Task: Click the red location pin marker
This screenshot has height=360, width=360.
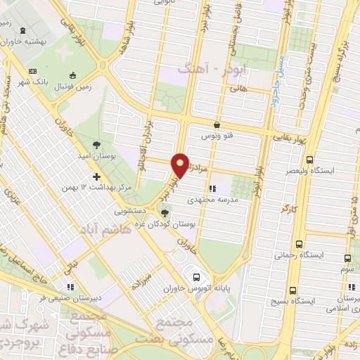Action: pos(181,165)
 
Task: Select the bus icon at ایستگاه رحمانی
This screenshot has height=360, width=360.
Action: pos(300,245)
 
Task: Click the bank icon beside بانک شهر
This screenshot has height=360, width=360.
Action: pos(32,71)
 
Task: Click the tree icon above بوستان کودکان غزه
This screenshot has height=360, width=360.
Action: pos(165,212)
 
